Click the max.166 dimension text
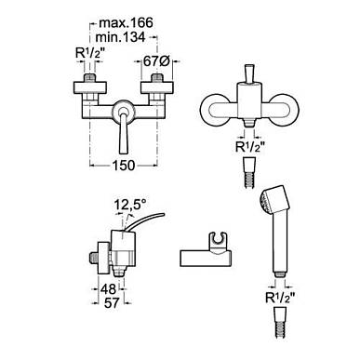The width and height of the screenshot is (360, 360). [126, 23]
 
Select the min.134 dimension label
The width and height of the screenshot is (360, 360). [120, 37]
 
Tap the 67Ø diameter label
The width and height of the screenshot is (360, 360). [156, 61]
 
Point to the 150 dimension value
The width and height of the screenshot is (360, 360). [124, 166]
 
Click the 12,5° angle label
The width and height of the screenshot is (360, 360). [130, 205]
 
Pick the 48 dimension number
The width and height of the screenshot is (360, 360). [108, 289]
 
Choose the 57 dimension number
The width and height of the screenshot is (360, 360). [112, 302]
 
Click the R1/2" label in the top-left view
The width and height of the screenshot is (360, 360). [88, 53]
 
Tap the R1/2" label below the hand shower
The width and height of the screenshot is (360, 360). [280, 298]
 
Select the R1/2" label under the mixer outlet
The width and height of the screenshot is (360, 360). [250, 147]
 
